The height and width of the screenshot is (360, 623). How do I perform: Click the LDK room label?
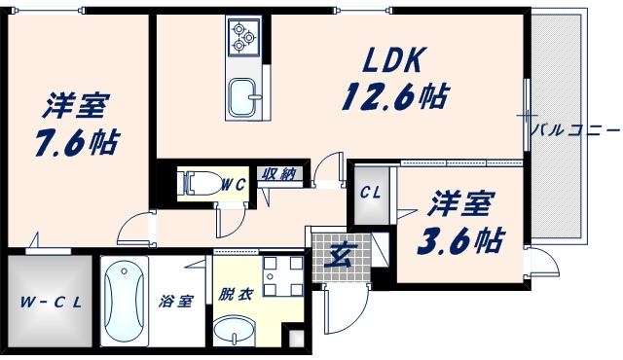tap(392, 60)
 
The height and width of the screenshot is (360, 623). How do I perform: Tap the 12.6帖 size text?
tap(393, 96)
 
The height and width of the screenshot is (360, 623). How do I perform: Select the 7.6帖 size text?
tap(78, 142)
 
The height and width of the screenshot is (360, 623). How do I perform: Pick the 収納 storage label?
tap(278, 175)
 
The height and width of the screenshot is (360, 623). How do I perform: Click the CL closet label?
tap(371, 192)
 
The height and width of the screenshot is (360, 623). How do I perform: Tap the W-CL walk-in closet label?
tap(49, 302)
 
